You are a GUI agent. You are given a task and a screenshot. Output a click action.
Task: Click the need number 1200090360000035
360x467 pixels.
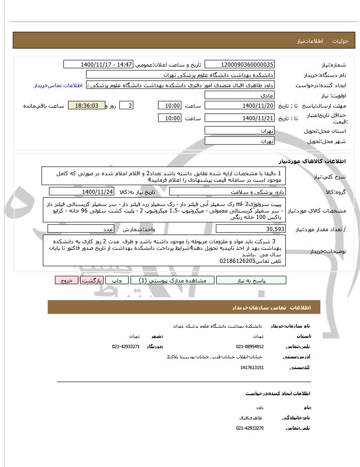point(240,64)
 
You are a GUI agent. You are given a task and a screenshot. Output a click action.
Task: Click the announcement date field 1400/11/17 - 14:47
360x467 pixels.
point(98,64)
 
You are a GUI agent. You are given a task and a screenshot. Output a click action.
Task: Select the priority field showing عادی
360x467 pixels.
point(240,95)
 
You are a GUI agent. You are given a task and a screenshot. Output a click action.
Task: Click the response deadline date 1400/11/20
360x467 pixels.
point(240,106)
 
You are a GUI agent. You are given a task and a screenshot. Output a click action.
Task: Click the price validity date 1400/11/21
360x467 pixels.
point(240,118)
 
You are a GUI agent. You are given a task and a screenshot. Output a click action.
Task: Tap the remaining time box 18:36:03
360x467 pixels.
point(83,106)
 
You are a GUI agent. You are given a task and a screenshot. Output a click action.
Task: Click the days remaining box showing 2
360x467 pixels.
point(126,106)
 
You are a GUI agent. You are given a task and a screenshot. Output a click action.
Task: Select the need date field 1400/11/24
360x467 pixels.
point(82,192)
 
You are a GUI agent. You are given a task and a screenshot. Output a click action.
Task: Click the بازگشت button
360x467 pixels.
point(91,280)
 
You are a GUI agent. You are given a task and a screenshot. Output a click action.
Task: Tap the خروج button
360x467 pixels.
point(67,280)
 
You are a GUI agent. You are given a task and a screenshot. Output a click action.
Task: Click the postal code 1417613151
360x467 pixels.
point(252,368)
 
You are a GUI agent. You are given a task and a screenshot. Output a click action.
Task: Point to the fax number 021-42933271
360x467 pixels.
point(126,346)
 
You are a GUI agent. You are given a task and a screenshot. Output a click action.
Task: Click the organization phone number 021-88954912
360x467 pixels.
point(250,346)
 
